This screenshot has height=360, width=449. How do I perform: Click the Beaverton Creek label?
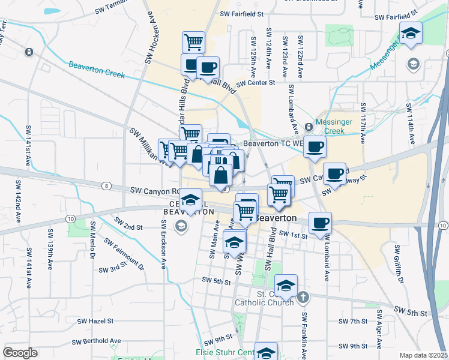pos(96,70)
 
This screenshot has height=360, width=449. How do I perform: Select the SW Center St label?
pos(255,83)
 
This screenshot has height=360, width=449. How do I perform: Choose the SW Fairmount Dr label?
pos(124,253)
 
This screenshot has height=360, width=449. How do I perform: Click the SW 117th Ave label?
pos(363,123)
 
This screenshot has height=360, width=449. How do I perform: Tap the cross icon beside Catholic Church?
pos(304,296)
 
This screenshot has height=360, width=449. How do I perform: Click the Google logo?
pos(20,353)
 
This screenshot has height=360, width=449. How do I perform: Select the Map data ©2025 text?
pos(424,355)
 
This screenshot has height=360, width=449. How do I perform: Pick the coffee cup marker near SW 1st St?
pos(320,223)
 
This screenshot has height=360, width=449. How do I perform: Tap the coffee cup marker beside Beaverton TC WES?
pos(315,146)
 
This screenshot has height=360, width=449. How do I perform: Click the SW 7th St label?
pos(352,321)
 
